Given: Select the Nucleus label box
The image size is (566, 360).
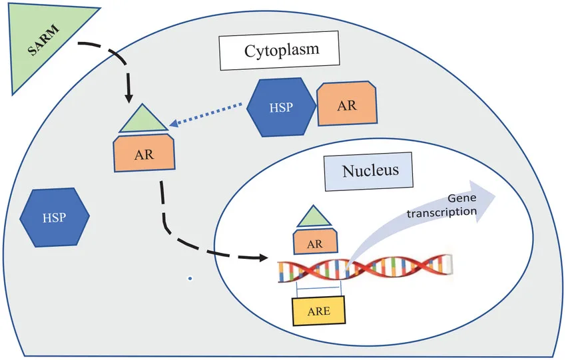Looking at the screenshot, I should [370, 170].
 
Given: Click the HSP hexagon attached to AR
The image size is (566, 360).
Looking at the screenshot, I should [280, 106].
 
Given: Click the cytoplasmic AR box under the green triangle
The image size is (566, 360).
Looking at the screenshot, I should [145, 154].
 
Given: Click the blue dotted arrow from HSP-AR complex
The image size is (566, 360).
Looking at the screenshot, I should [206, 114].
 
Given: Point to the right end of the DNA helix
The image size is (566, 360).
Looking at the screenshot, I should [451, 265].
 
